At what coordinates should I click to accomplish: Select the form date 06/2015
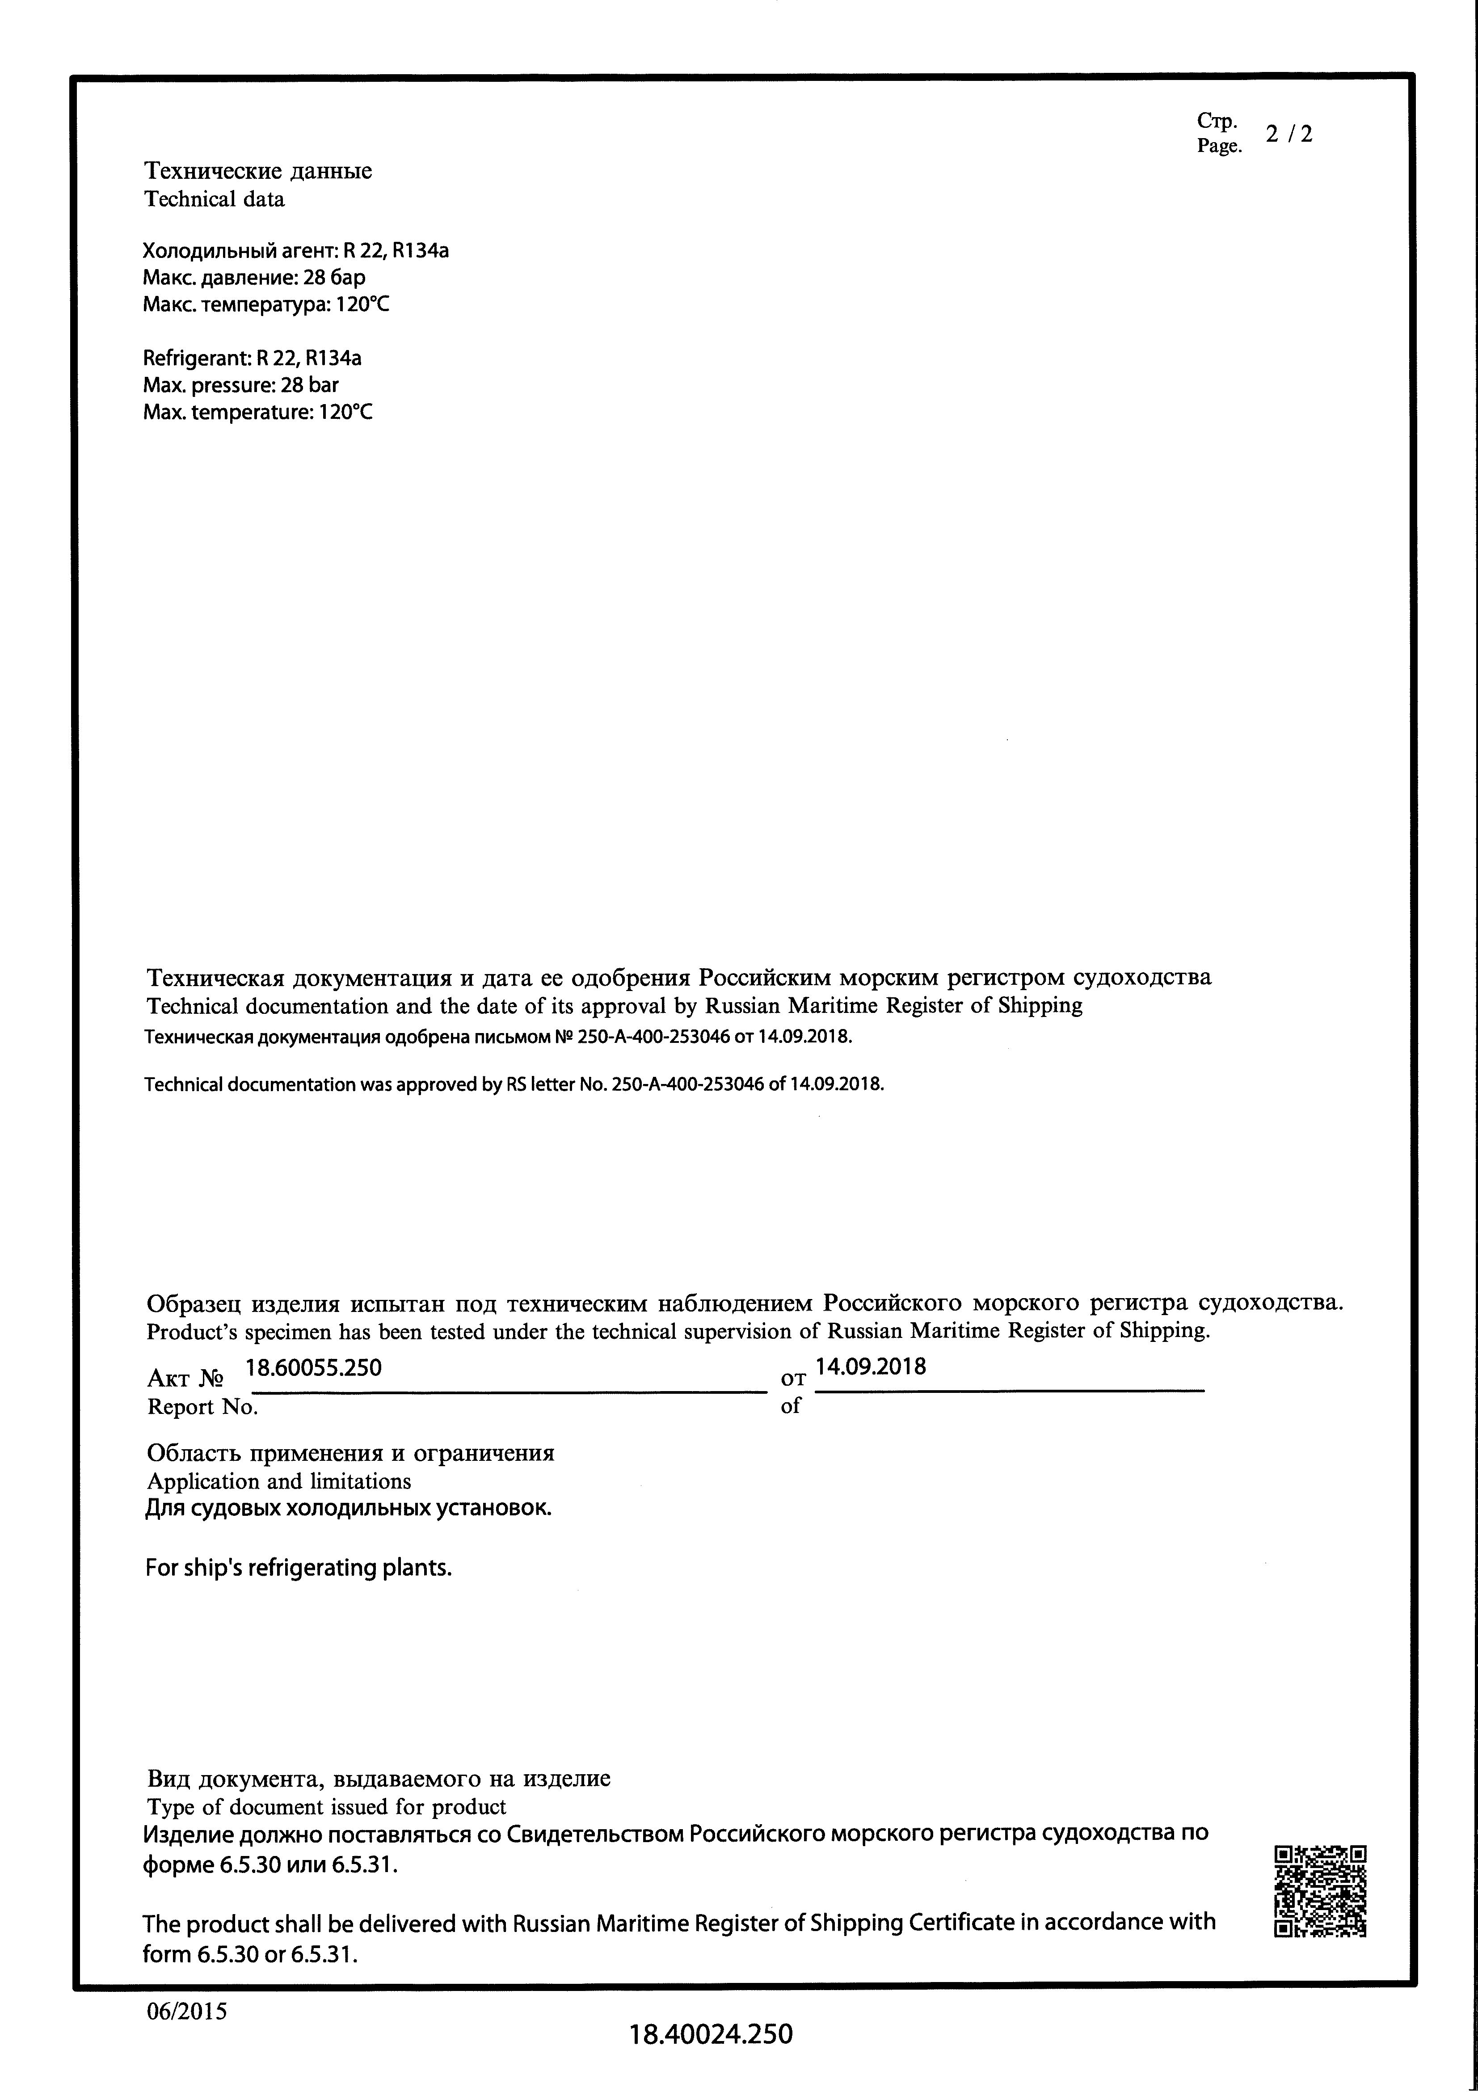(x=187, y=2010)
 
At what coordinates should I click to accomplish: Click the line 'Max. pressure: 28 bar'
(x=240, y=384)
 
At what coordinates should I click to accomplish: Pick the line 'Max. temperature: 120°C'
(x=258, y=412)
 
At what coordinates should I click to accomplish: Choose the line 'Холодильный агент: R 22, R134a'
(x=295, y=251)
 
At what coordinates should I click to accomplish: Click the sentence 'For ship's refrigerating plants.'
(x=299, y=1568)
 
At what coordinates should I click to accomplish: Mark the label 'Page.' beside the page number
(x=1219, y=146)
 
